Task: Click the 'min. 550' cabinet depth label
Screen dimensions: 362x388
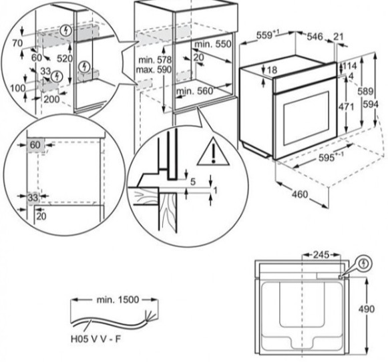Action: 212,43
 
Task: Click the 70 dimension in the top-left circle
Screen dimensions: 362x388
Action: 17,42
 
